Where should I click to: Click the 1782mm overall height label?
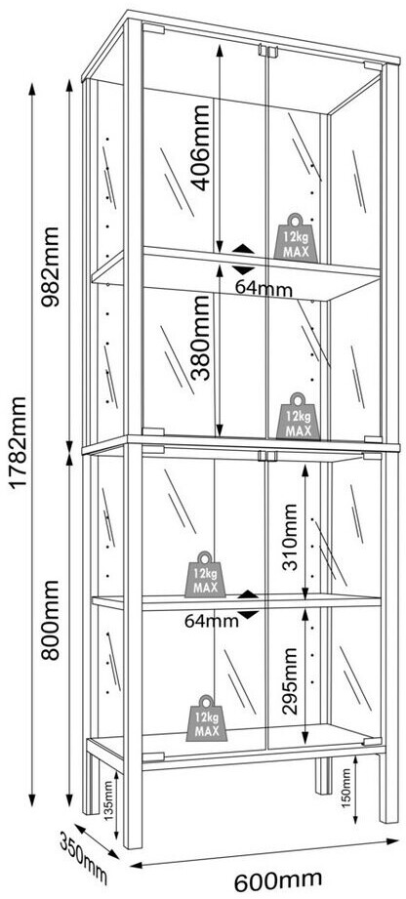(19, 441)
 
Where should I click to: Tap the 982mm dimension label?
(51, 267)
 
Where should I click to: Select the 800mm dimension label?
(51, 620)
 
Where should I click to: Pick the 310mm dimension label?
(291, 537)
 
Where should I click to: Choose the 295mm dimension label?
(291, 680)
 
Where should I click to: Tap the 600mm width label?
(278, 879)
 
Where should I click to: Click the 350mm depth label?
(84, 858)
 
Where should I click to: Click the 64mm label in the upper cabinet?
(264, 289)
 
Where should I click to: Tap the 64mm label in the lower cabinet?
(212, 620)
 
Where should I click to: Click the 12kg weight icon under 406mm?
(297, 237)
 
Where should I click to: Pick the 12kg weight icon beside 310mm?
(205, 575)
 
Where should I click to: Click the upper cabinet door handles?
(267, 51)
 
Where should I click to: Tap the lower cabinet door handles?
(267, 456)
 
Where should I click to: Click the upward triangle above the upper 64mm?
(244, 249)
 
